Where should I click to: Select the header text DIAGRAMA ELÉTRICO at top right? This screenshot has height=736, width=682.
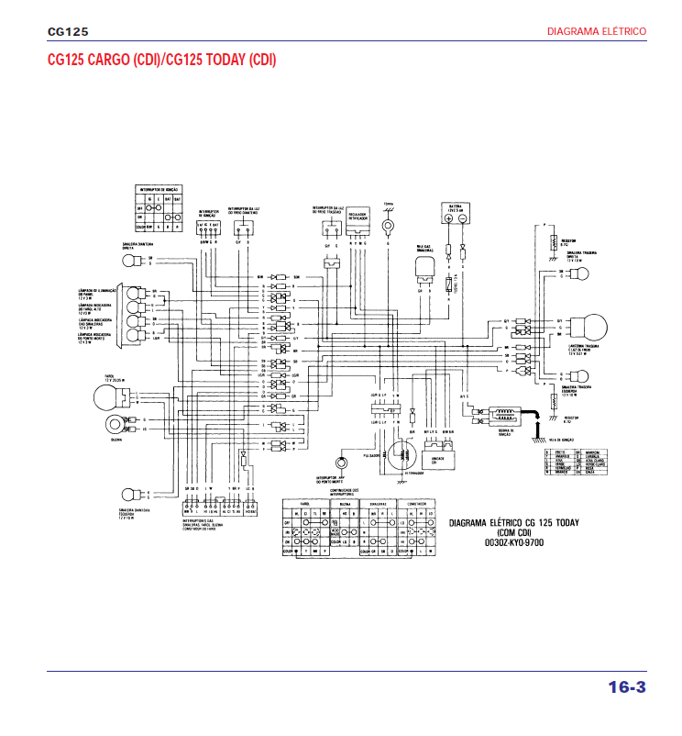(x=596, y=31)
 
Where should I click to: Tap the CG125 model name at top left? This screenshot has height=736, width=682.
(x=68, y=31)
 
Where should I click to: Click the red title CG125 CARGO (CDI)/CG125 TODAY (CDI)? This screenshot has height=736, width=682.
(x=161, y=60)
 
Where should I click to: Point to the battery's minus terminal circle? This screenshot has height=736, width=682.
(x=465, y=220)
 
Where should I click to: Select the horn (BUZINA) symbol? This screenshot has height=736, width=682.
(x=115, y=424)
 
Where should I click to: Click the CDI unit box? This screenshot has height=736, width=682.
(x=436, y=455)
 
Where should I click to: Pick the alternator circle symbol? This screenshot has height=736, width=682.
(x=400, y=456)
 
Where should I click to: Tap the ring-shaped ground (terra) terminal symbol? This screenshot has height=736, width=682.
(x=388, y=221)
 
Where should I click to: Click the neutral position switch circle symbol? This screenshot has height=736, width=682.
(x=342, y=463)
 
